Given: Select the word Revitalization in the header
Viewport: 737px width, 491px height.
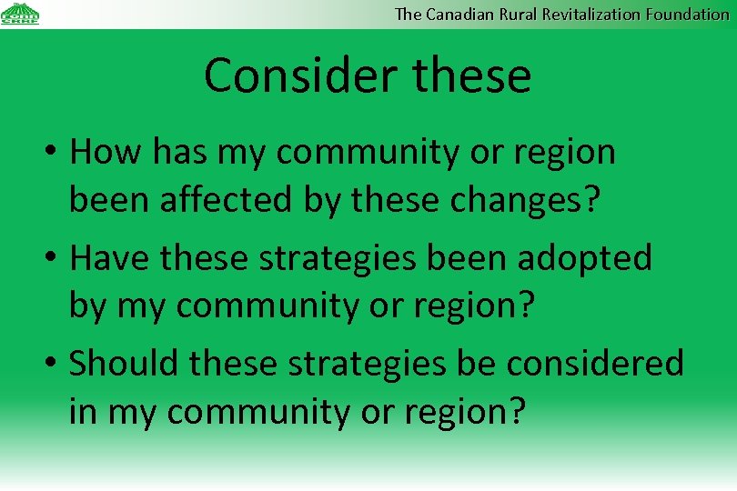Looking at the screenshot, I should (x=592, y=14).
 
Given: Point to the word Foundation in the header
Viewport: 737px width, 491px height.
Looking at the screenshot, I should (x=688, y=14).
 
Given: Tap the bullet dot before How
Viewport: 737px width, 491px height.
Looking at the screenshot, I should (x=53, y=154).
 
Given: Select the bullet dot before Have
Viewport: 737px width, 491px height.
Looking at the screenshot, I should (x=53, y=259).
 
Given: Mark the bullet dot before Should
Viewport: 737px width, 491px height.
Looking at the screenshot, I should (x=53, y=364).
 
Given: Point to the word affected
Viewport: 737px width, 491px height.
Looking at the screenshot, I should (x=227, y=201).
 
